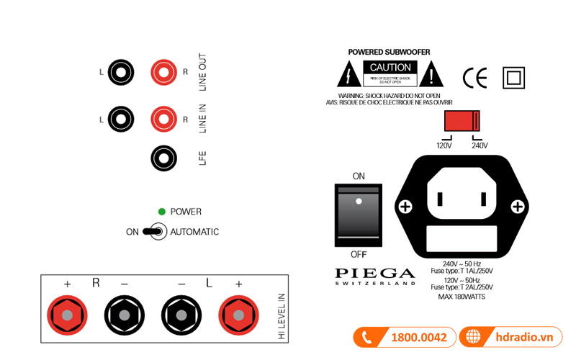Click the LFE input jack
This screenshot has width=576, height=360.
pyautogui.click(x=164, y=158)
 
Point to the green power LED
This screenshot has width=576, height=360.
pyautogui.click(x=162, y=212)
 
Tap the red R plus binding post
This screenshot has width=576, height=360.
pyautogui.click(x=67, y=315)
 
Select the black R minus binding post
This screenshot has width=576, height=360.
pyautogui.click(x=125, y=315)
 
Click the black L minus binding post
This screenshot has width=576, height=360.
pyautogui.click(x=181, y=315)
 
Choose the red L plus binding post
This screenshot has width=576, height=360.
pyautogui.click(x=239, y=315)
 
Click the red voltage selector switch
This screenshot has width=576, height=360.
pyautogui.click(x=462, y=120)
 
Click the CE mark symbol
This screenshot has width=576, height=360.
pyautogui.click(x=475, y=77)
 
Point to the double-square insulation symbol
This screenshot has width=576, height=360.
pyautogui.click(x=514, y=77)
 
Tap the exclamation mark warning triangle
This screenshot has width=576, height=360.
pyautogui.click(x=431, y=75)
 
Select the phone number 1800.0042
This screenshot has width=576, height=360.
pyautogui.click(x=418, y=337)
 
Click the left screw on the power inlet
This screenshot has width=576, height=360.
pyautogui.click(x=405, y=207)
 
